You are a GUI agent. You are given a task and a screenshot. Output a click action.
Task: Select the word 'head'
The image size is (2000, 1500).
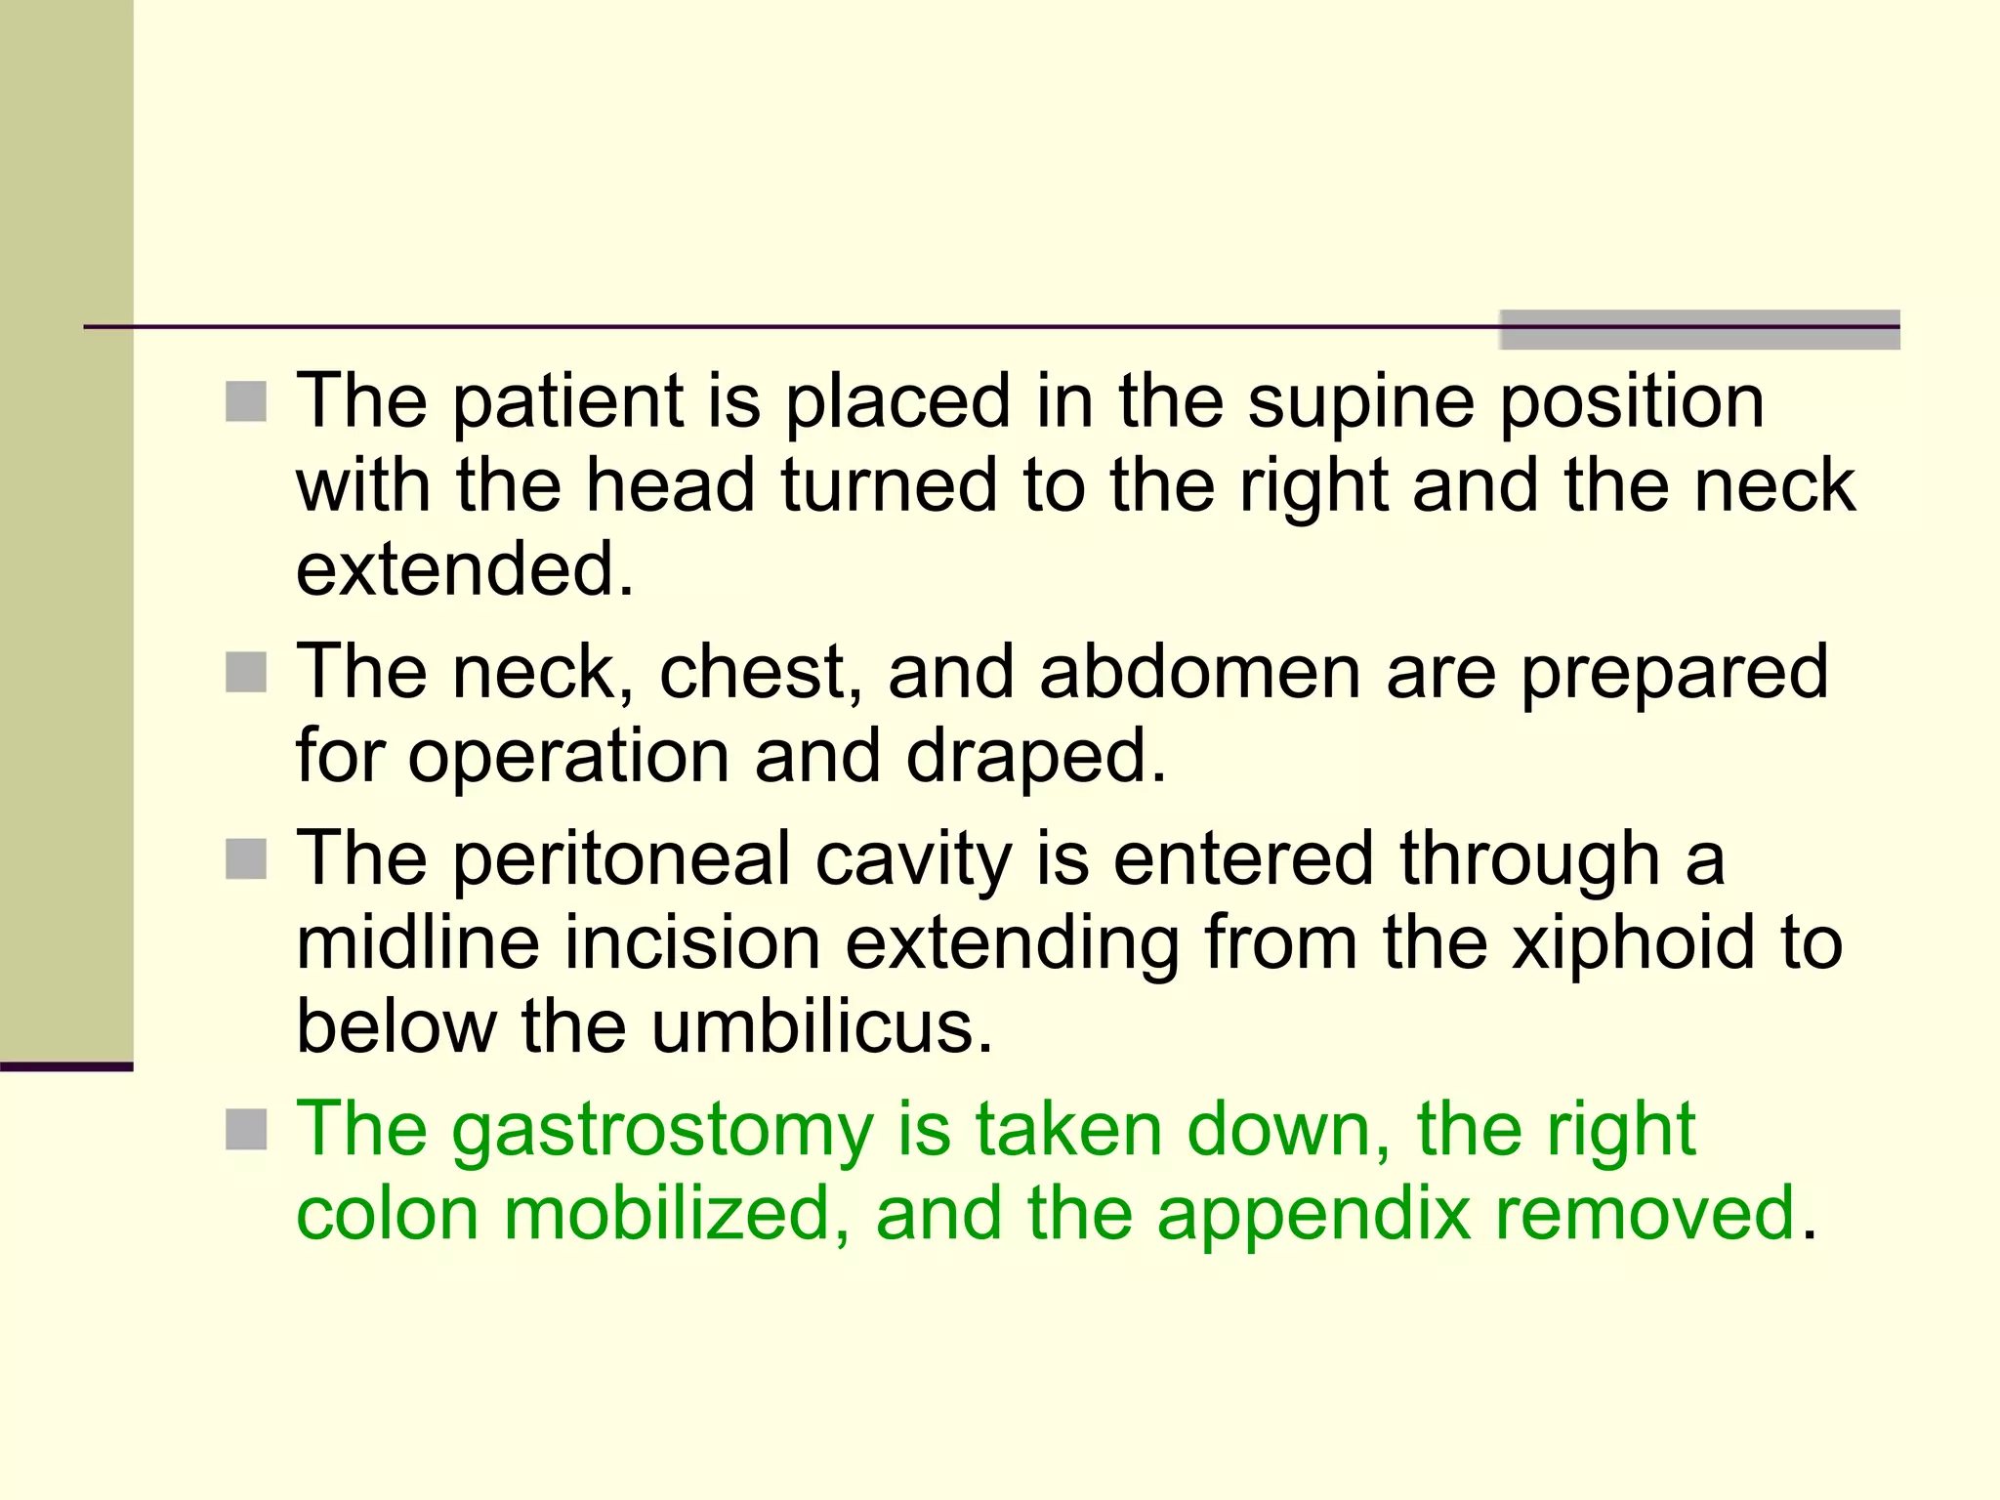[670, 486]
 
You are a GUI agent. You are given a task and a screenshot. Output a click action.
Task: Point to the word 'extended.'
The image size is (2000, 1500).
[465, 569]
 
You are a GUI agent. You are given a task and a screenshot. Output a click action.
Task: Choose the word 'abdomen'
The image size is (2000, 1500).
[1199, 672]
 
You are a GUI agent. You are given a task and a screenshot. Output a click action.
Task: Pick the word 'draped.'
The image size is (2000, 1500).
[1036, 756]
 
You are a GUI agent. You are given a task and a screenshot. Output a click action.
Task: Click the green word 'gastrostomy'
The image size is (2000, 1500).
[663, 1130]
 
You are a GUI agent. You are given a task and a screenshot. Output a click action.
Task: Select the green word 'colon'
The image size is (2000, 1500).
[387, 1214]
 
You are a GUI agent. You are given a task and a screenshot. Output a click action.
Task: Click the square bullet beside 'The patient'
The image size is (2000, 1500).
[246, 401]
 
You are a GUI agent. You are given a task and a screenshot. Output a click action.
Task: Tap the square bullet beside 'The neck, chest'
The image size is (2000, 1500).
[246, 672]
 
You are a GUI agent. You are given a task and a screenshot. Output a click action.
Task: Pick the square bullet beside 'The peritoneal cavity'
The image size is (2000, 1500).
[246, 859]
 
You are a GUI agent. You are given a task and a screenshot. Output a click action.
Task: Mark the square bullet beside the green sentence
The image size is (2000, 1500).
[246, 1130]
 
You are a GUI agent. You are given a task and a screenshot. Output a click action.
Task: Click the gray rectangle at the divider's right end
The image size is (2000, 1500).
[1699, 329]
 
